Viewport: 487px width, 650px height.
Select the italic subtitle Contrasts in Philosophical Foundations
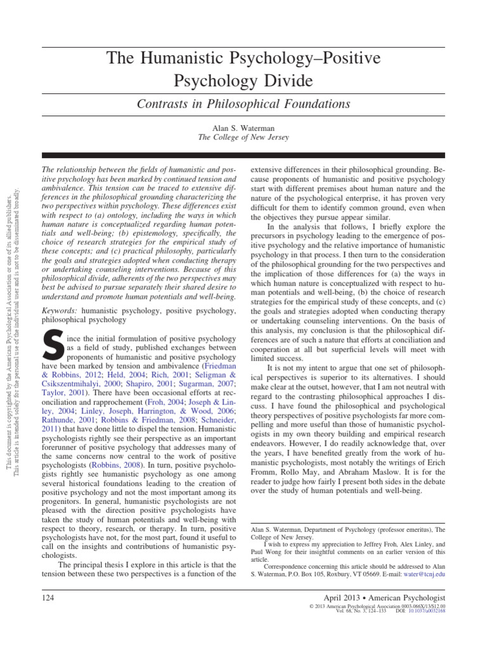243,103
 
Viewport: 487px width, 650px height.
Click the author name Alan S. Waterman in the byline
243,128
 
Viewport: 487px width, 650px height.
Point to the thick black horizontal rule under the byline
243,156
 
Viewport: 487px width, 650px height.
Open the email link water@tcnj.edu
427,573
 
